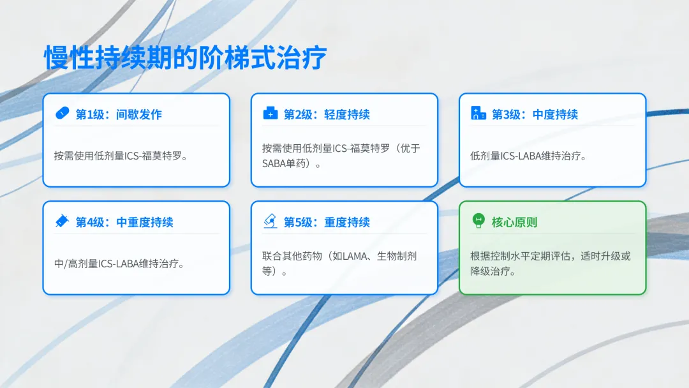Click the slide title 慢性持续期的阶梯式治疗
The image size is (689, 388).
(186, 57)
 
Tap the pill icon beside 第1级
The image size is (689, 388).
(62, 114)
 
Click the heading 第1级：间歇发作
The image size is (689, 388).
(119, 115)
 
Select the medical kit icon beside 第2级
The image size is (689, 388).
(270, 114)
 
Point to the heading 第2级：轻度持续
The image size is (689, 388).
(327, 115)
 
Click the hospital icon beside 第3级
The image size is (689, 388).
(478, 114)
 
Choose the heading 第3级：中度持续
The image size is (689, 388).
(535, 115)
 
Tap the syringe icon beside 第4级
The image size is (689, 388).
(62, 221)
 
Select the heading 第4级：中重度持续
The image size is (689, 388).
(124, 222)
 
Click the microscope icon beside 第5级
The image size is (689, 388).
(270, 221)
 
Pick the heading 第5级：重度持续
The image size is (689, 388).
(327, 222)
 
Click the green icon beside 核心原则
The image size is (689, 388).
(478, 221)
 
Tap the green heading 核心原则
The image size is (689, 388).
(515, 222)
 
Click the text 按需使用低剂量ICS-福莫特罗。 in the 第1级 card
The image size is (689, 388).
(121, 156)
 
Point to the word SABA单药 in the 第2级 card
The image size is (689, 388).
(284, 164)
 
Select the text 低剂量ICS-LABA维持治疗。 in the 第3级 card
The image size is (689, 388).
(528, 156)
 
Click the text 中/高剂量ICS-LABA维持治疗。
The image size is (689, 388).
(119, 264)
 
